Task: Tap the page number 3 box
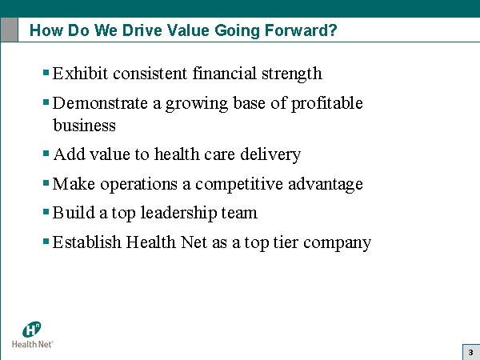[470, 351]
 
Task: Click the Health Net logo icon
[32, 329]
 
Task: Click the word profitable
[326, 103]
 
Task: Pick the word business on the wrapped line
[84, 126]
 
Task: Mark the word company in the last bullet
[338, 242]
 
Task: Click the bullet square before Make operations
[46, 182]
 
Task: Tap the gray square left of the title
[10, 30]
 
